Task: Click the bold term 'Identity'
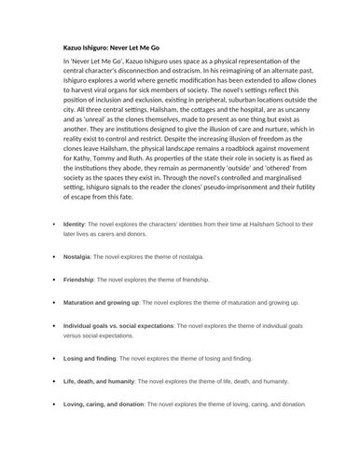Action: click(x=74, y=225)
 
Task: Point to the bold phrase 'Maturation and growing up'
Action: click(x=101, y=303)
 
